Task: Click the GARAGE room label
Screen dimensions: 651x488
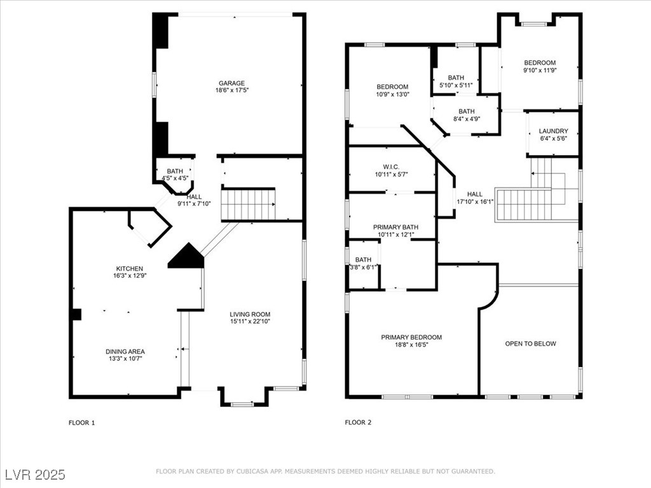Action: click(x=231, y=83)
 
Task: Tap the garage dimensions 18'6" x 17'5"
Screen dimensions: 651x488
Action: click(x=231, y=90)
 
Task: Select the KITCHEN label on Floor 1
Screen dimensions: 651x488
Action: click(x=130, y=269)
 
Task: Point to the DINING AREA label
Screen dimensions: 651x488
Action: click(x=125, y=351)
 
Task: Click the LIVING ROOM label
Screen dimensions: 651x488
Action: click(x=250, y=314)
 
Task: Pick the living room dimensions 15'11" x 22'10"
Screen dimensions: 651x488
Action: click(x=250, y=321)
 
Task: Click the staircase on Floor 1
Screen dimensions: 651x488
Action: click(x=249, y=204)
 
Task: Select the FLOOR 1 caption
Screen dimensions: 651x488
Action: click(x=82, y=423)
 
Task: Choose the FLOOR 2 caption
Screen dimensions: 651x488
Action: click(x=358, y=423)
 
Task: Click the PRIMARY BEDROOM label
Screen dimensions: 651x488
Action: click(x=411, y=337)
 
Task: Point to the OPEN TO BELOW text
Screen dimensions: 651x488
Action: click(x=531, y=344)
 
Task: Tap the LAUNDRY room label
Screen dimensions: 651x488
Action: click(x=554, y=131)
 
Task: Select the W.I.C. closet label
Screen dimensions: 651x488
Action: click(x=391, y=167)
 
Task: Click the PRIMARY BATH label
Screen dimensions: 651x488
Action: click(x=395, y=227)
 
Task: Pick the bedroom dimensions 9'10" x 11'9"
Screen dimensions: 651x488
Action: click(x=540, y=70)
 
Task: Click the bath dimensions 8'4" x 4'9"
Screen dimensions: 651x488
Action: click(x=467, y=119)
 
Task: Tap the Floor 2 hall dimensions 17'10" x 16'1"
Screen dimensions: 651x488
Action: click(x=475, y=201)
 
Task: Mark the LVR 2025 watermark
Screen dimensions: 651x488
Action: click(x=36, y=475)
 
